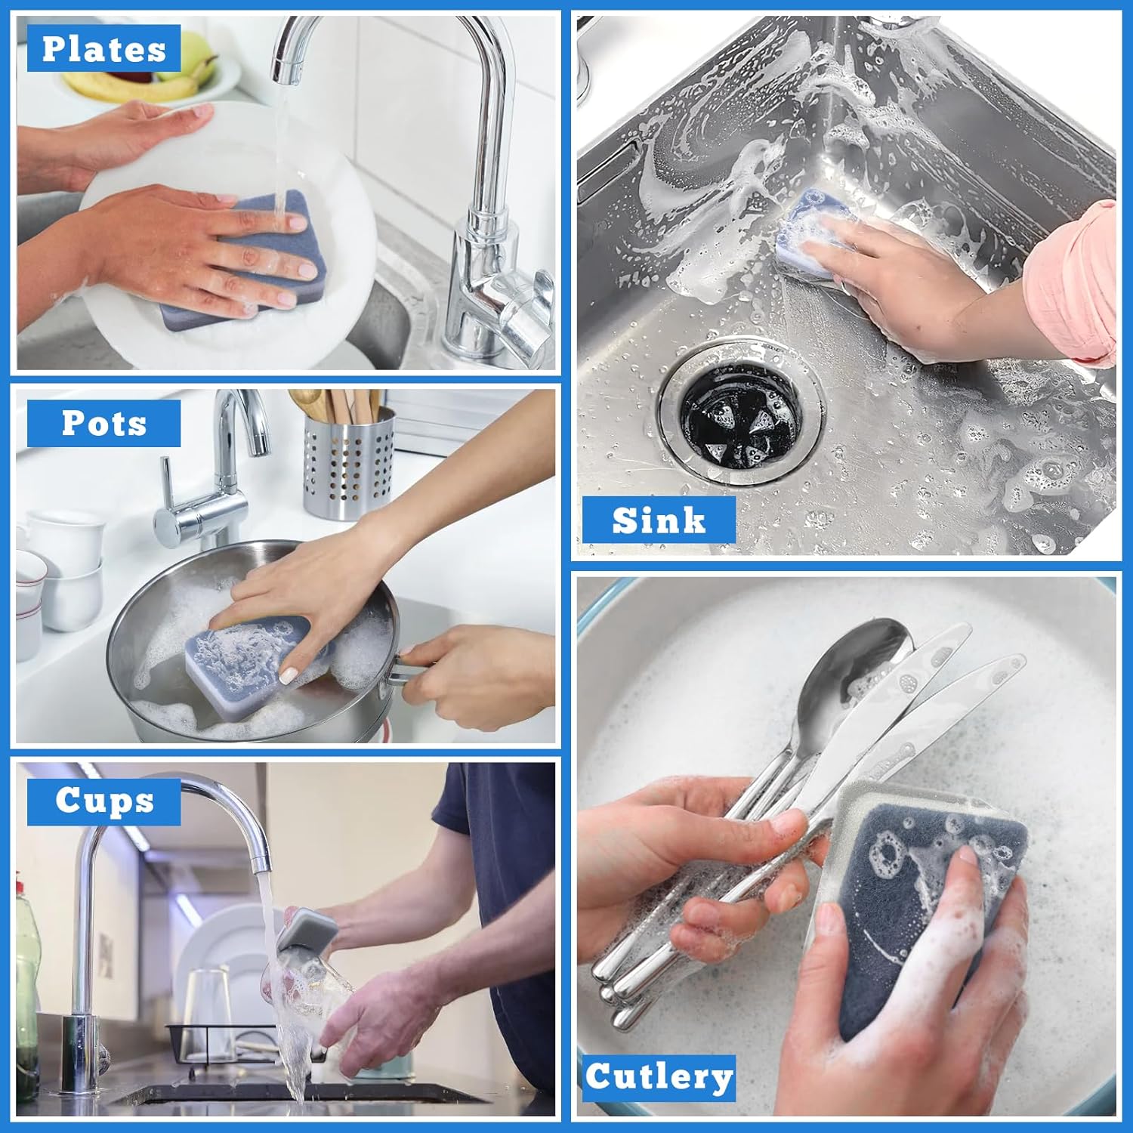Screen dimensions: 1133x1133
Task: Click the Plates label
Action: pyautogui.click(x=103, y=49)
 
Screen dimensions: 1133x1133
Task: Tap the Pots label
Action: pyautogui.click(x=103, y=424)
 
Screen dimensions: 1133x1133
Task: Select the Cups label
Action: pyautogui.click(x=103, y=801)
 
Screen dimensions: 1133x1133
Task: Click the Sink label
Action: pyautogui.click(x=659, y=520)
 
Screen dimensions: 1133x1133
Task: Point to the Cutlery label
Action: pyautogui.click(x=659, y=1077)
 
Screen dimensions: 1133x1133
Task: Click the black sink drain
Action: pyautogui.click(x=739, y=415)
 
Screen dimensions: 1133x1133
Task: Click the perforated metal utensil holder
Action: pyautogui.click(x=348, y=465)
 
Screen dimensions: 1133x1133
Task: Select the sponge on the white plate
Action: pyautogui.click(x=242, y=257)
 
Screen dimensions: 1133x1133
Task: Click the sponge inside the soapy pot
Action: pyautogui.click(x=257, y=653)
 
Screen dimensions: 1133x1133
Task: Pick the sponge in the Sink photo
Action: pyautogui.click(x=816, y=227)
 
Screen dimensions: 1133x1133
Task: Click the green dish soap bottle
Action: pyautogui.click(x=26, y=982)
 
